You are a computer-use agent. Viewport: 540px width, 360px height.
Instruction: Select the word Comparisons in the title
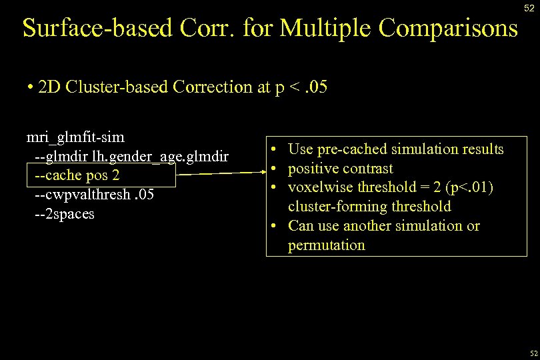point(447,28)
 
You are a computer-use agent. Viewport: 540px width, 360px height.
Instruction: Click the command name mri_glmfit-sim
point(75,137)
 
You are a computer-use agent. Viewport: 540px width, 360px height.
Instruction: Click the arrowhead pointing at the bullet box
point(260,173)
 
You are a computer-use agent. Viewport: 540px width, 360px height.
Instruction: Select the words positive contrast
point(340,169)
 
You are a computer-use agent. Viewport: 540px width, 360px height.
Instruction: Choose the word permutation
point(326,245)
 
